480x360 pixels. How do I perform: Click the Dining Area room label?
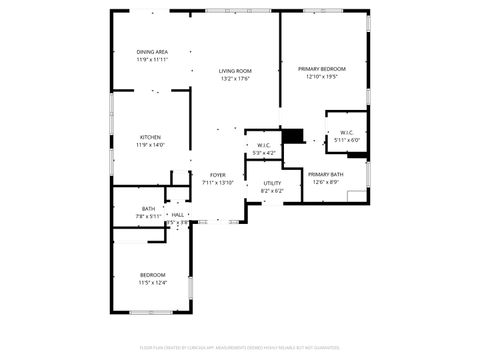coord(152,52)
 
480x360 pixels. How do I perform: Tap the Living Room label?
coord(235,71)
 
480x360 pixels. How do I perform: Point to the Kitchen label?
coord(151,136)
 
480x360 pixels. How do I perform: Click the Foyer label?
coord(217,175)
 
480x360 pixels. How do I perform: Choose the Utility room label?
coord(272,183)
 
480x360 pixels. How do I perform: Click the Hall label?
coord(177,215)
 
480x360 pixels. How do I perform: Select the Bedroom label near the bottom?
coord(152,275)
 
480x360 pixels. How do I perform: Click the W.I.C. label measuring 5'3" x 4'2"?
coord(264,145)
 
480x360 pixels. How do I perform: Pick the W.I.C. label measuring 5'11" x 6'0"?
coord(346,132)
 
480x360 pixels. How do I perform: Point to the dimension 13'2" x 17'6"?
coord(235,79)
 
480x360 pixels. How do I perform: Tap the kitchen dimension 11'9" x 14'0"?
coord(151,144)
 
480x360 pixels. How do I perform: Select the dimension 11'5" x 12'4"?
coord(152,283)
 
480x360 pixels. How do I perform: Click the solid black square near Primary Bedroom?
coord(293,136)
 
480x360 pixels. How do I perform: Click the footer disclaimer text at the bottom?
coord(239,349)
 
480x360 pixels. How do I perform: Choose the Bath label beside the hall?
coord(148,208)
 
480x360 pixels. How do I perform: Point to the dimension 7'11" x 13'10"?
coord(217,183)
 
